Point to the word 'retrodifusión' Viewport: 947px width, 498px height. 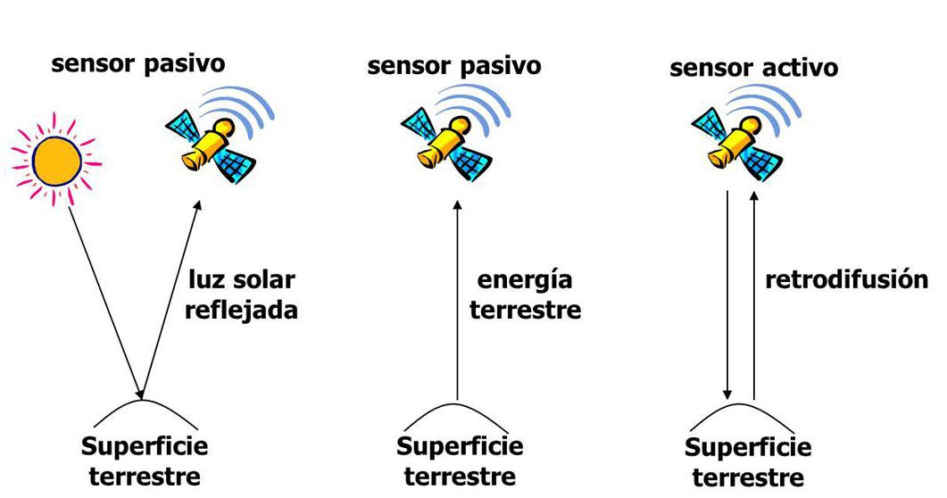[846, 279]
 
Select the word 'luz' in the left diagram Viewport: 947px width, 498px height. [205, 280]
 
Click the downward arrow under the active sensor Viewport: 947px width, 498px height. [728, 295]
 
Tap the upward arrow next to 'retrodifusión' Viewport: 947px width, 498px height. [754, 295]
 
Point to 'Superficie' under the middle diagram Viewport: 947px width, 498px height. [460, 445]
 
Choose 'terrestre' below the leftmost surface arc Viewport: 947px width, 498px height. [145, 475]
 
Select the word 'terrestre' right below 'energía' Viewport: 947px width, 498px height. [525, 311]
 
